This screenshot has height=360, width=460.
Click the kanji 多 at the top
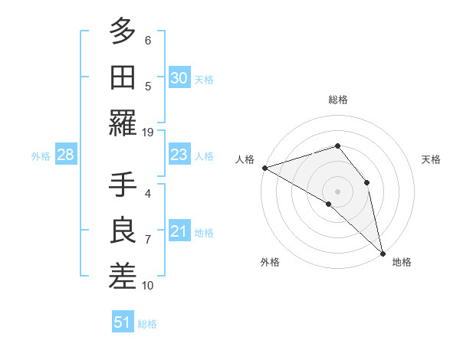pos(123,33)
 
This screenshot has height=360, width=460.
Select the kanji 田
pos(123,77)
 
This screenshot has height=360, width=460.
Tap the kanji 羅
pos(123,123)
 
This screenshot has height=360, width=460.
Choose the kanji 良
pos(123,231)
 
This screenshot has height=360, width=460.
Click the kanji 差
pos(123,276)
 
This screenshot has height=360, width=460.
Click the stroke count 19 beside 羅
pos(148,133)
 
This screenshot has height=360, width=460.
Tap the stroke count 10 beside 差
pos(148,286)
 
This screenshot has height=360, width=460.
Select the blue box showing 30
pos(179,78)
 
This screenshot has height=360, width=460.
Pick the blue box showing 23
pos(179,155)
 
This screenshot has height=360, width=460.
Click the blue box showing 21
pos(179,232)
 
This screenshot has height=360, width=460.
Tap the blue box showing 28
pos(65,155)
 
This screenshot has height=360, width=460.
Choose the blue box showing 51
pos(122,322)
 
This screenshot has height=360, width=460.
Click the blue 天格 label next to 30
pos(204,80)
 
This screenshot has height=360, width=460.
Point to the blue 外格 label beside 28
pos(41,156)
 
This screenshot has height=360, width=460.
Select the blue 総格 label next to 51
pos(147,324)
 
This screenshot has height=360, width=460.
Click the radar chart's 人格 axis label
pos(245,159)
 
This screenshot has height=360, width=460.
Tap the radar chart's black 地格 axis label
pos(402,262)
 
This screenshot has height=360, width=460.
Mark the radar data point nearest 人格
pos(264,167)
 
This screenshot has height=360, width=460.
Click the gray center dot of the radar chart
pos(337,191)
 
